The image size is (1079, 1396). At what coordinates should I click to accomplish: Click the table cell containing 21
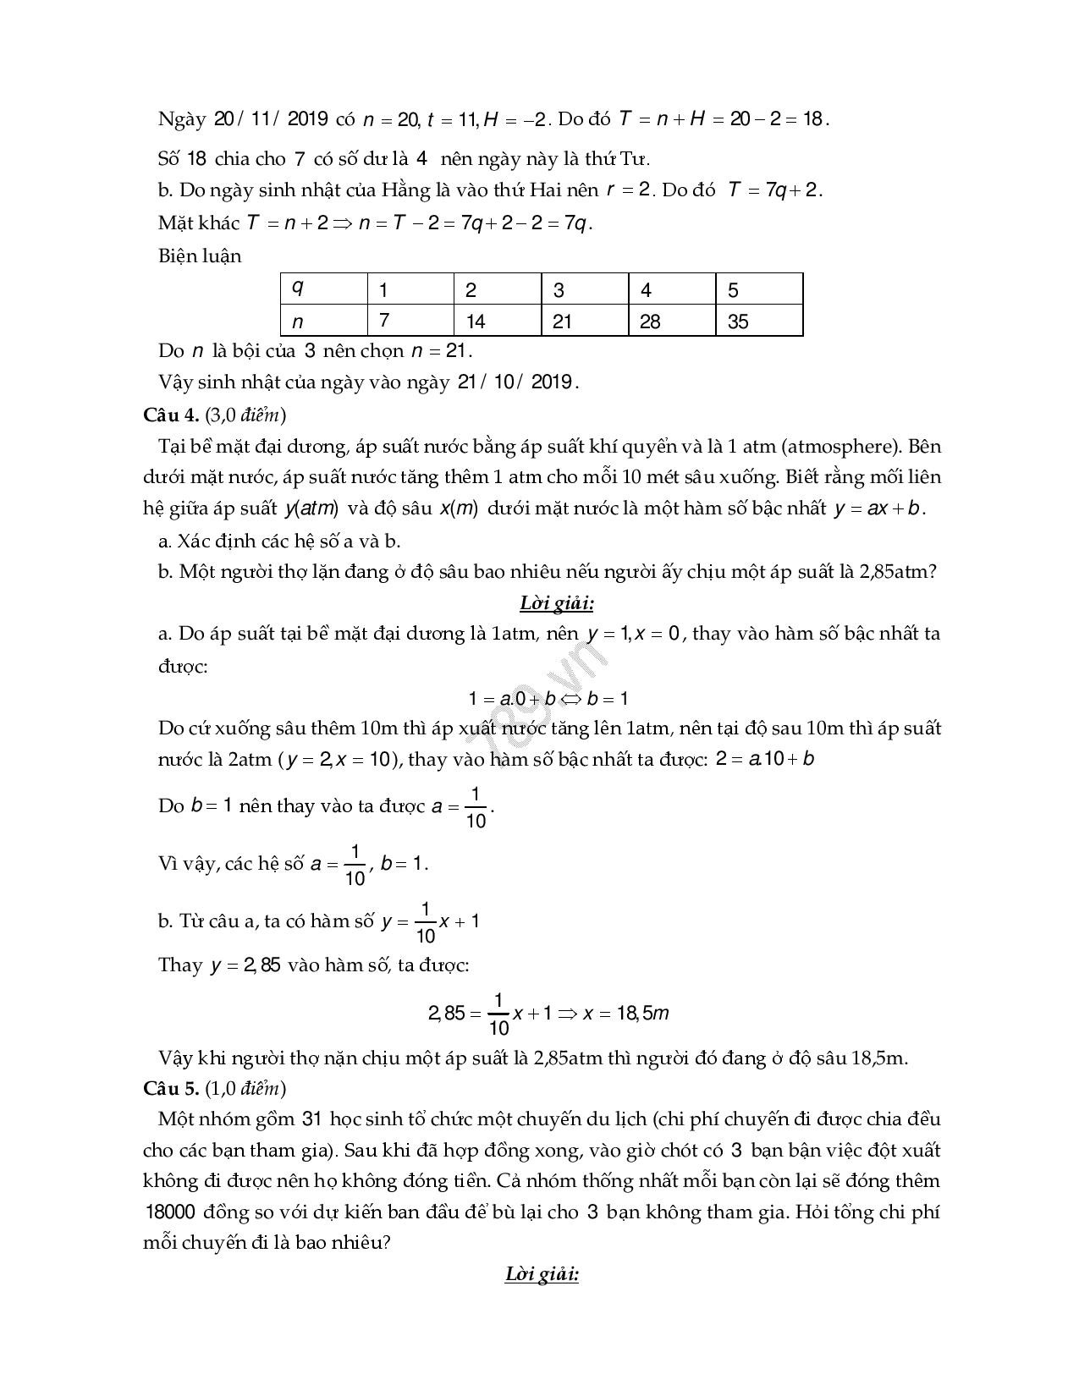click(x=585, y=322)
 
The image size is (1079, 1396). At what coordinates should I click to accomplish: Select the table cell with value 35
click(x=758, y=322)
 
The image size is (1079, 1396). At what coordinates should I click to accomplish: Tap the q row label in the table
click(x=323, y=289)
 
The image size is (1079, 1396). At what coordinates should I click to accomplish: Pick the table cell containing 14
click(x=497, y=322)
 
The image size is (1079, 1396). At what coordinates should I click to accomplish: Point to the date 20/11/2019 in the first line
click(x=271, y=118)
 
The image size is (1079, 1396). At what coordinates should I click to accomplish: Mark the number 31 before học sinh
click(x=311, y=1118)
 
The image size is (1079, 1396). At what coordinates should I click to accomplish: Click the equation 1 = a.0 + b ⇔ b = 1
click(x=548, y=698)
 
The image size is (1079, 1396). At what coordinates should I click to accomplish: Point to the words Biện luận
click(x=200, y=256)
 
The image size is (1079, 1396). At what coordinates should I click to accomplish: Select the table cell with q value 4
click(x=671, y=290)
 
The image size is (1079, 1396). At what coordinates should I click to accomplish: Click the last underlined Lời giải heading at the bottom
click(x=542, y=1273)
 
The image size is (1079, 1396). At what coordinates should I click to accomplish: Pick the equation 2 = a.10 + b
click(x=765, y=759)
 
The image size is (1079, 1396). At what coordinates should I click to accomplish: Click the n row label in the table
click(x=323, y=322)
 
